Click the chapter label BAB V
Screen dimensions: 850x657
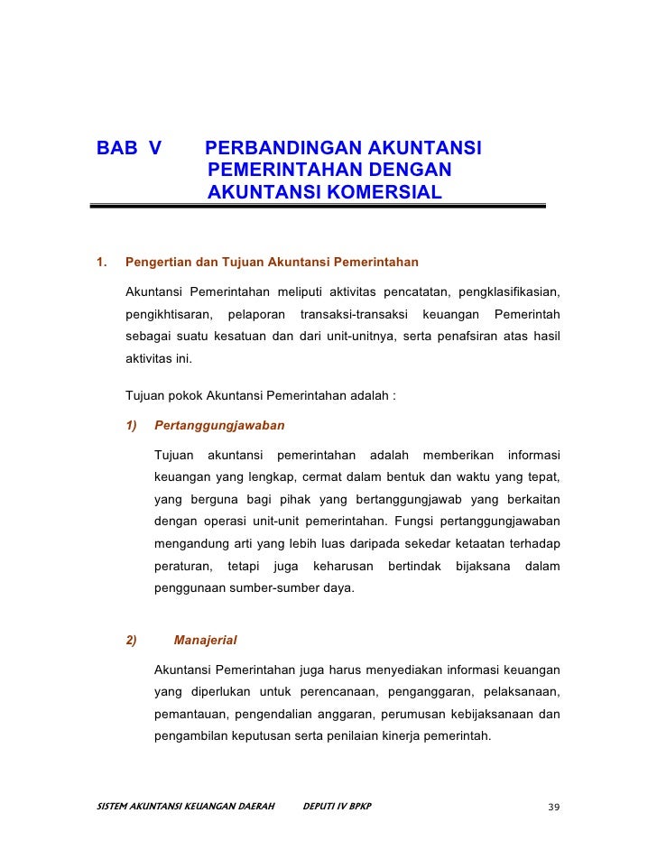point(129,147)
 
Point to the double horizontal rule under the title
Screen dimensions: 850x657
point(318,207)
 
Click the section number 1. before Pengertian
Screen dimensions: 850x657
point(101,263)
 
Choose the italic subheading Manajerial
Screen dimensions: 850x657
point(205,641)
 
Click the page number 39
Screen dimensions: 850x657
point(553,807)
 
